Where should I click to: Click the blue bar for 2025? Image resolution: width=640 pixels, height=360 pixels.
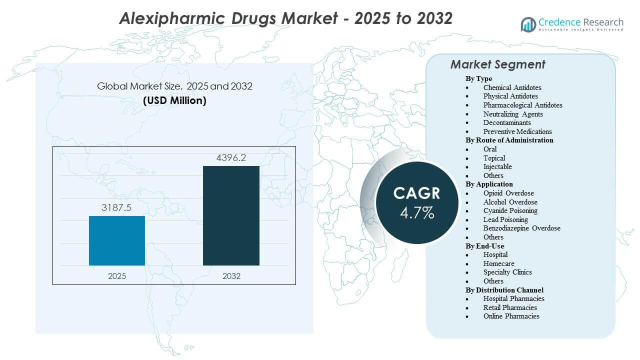tap(117, 240)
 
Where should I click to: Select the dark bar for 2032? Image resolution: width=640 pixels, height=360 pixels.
tap(231, 215)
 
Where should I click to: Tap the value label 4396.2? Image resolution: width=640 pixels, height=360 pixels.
tap(231, 158)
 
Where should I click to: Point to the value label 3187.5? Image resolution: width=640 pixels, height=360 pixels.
tap(117, 207)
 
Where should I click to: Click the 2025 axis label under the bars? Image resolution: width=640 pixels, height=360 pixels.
tap(117, 276)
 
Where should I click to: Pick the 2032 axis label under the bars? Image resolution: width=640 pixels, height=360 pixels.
tap(231, 276)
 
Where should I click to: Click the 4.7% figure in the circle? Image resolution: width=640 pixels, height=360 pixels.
tap(417, 213)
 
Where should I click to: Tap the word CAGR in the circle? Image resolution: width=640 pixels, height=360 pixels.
tap(417, 193)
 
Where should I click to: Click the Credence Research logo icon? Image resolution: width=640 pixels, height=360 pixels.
tap(528, 24)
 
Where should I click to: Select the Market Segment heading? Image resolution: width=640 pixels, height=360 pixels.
tap(497, 64)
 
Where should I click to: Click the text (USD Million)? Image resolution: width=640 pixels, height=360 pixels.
tap(174, 100)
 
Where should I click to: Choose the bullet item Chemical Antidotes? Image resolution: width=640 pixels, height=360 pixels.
tap(512, 87)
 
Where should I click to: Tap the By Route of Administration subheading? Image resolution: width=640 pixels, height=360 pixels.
tap(509, 140)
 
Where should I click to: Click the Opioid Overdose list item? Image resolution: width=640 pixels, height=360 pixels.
tap(508, 193)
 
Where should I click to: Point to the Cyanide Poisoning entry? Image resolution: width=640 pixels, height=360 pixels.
tap(510, 210)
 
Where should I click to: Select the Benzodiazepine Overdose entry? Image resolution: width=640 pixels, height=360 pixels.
tap(521, 228)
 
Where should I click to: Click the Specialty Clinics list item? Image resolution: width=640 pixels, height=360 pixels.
tap(507, 272)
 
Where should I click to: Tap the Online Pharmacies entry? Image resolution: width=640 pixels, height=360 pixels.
tap(511, 316)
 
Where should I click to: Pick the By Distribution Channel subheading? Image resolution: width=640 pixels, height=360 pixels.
tap(504, 290)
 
